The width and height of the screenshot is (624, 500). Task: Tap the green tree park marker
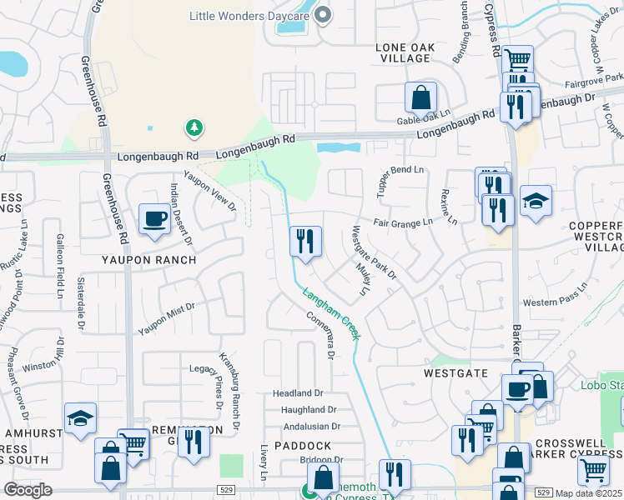tap(194, 127)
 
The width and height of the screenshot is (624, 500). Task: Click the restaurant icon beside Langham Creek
tap(305, 242)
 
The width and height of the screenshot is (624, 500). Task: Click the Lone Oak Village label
tap(405, 53)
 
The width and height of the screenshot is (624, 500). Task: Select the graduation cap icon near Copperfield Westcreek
tap(536, 201)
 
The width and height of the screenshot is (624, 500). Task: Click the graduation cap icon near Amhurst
tap(80, 418)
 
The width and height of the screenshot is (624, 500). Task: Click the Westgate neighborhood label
tap(455, 373)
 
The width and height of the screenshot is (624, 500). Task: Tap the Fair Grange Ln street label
tap(403, 222)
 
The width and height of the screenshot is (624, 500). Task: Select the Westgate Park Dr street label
tap(374, 252)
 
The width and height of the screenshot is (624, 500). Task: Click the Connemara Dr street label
tap(320, 335)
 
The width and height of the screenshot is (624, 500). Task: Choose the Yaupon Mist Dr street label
tap(167, 318)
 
